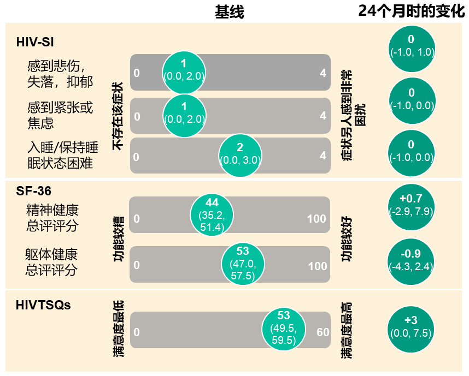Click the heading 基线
229,13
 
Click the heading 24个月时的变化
411,11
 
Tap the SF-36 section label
34,190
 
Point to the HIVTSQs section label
44,305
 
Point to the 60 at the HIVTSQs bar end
323,332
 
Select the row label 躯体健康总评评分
51,262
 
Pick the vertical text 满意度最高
346,331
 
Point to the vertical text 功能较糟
118,240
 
